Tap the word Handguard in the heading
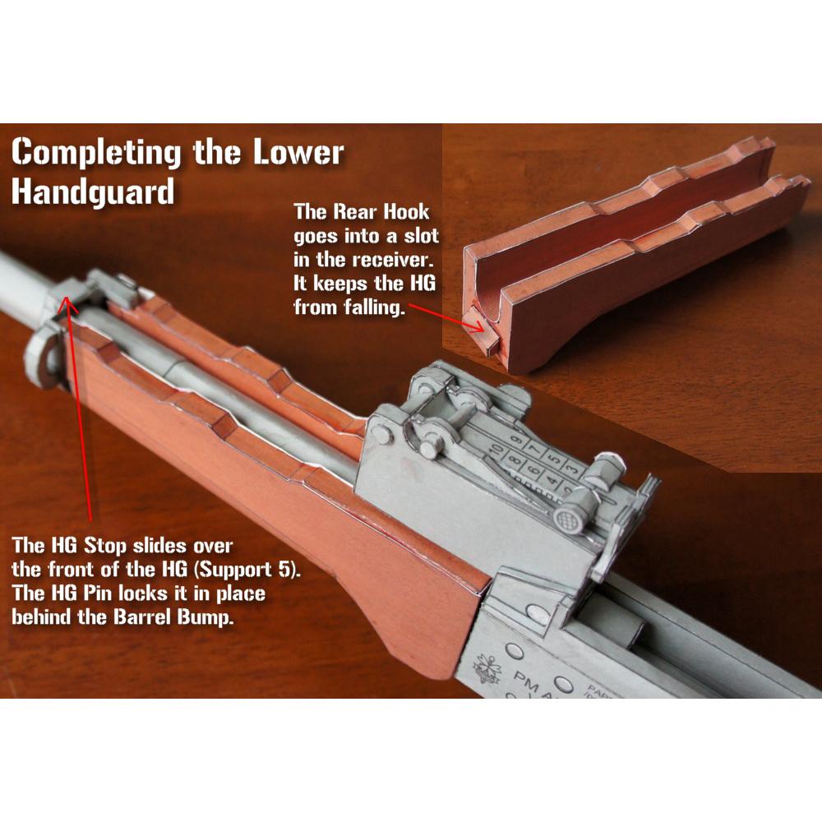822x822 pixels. tap(93, 192)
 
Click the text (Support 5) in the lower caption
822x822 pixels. tap(246, 570)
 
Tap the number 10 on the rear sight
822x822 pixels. tap(495, 450)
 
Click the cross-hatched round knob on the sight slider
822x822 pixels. tap(565, 520)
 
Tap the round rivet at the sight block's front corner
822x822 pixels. tap(383, 437)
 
